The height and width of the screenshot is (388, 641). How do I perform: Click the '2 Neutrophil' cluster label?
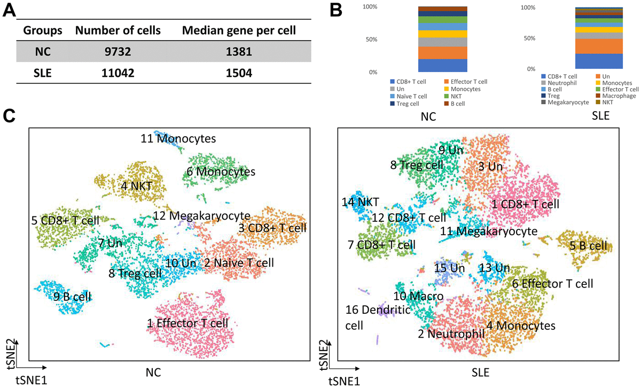coord(450,333)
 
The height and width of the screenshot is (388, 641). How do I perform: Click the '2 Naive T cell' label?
coord(238,263)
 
